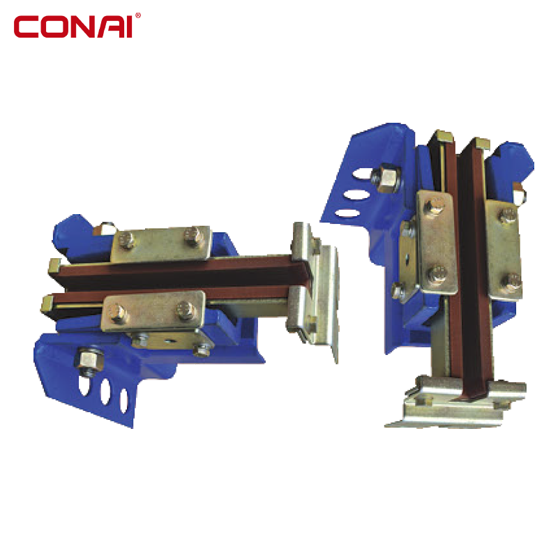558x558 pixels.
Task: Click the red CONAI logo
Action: [77, 26]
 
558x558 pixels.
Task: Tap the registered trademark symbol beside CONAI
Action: [138, 15]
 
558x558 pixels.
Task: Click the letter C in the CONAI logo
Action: [26, 27]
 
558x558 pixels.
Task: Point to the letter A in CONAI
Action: [111, 27]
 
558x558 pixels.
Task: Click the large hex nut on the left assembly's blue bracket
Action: [89, 360]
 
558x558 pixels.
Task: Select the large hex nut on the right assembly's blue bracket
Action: [386, 178]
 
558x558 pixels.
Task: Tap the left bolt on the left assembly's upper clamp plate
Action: [127, 240]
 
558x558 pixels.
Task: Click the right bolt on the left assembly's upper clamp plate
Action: [193, 235]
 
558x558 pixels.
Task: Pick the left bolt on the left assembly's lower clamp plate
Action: [117, 313]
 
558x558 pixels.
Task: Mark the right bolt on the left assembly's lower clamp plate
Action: [186, 310]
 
